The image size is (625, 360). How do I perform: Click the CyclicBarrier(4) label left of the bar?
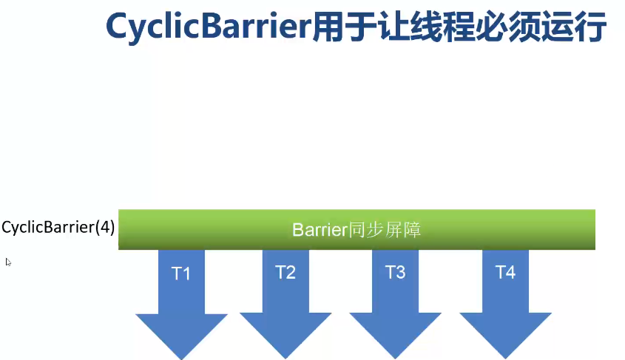click(x=58, y=228)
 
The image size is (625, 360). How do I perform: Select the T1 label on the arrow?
click(x=181, y=274)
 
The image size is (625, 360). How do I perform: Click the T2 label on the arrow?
click(x=286, y=272)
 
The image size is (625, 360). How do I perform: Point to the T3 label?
click(x=395, y=272)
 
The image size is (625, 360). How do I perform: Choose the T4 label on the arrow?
click(x=505, y=272)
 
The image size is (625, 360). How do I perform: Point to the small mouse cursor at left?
click(x=8, y=261)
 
